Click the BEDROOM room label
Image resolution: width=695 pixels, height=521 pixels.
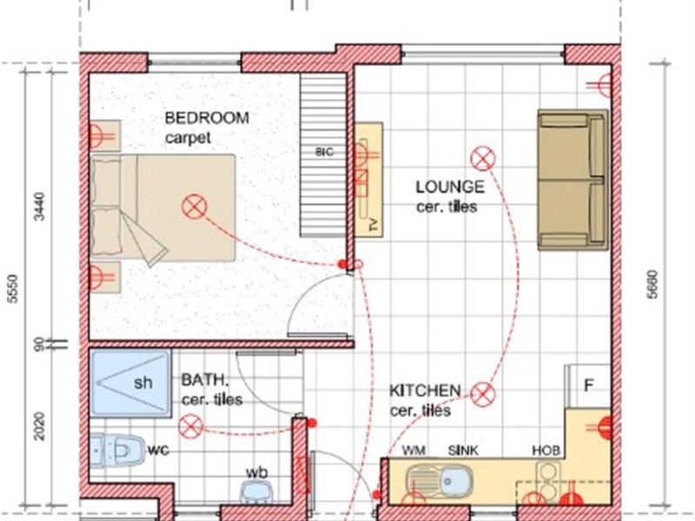(x=207, y=118)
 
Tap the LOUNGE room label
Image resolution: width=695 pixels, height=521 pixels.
(x=450, y=187)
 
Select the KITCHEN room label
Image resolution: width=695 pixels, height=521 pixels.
(x=425, y=391)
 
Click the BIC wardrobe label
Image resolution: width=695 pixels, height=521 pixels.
(x=324, y=152)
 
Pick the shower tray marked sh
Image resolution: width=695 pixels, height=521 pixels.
(x=130, y=383)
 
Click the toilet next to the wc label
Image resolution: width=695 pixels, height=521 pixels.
(x=117, y=451)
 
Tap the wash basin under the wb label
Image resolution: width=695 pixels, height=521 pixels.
(x=257, y=492)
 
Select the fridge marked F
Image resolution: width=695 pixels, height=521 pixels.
(x=588, y=386)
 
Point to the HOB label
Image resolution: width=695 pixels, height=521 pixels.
(x=546, y=451)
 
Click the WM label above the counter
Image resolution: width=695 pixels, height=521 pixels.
(x=414, y=451)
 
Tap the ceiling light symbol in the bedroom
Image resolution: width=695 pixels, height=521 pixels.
(x=194, y=208)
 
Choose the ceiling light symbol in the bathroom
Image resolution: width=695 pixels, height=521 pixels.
(x=191, y=427)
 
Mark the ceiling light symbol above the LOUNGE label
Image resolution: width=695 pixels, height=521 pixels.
(x=483, y=159)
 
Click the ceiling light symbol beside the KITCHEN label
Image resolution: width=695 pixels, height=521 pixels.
(x=483, y=394)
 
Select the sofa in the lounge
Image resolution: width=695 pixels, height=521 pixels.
(x=573, y=180)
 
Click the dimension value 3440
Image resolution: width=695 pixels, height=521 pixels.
(x=39, y=206)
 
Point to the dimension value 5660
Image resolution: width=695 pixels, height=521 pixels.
(x=652, y=285)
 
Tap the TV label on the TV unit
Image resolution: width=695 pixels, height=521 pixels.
(x=374, y=225)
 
